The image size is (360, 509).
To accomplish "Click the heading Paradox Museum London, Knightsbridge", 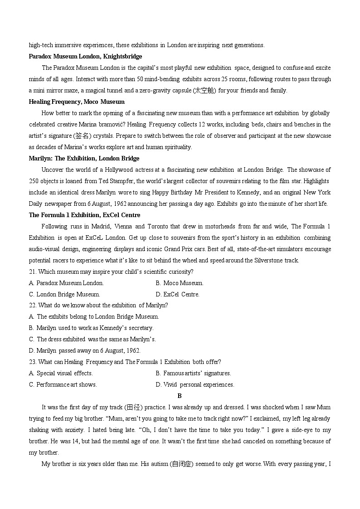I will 85,57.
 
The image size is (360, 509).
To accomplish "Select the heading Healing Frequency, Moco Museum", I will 77,102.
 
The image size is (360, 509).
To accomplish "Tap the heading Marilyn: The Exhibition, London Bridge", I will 84,159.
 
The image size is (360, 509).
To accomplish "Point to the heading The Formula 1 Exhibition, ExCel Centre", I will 84,215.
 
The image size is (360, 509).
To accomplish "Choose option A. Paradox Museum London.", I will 66,283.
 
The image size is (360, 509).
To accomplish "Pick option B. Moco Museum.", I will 179,283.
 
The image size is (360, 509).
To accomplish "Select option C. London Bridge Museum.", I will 64,295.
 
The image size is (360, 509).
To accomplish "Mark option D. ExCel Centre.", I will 177,295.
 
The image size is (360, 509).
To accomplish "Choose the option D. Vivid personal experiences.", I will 195,385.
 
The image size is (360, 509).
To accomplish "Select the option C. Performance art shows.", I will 63,385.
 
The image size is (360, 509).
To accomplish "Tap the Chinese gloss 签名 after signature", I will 82,136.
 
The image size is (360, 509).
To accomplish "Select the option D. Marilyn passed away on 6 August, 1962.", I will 84,351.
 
